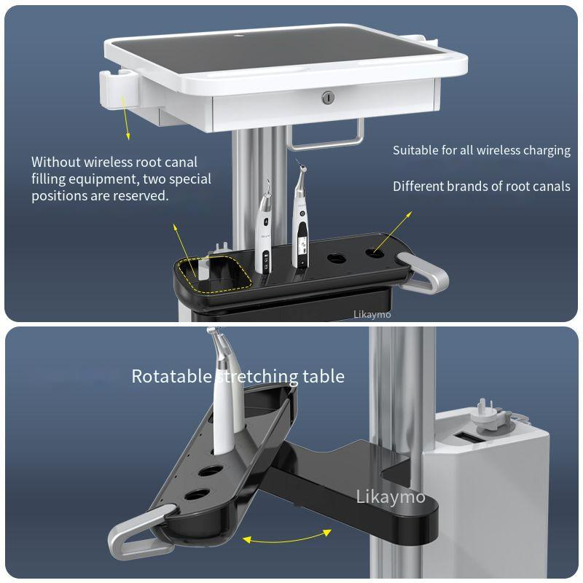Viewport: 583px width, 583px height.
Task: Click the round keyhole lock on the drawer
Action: (x=329, y=97)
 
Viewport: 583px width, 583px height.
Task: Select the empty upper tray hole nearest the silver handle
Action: (x=375, y=254)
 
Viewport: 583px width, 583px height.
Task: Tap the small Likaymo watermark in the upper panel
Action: (x=372, y=314)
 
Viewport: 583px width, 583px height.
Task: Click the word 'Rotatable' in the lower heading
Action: (x=172, y=377)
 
